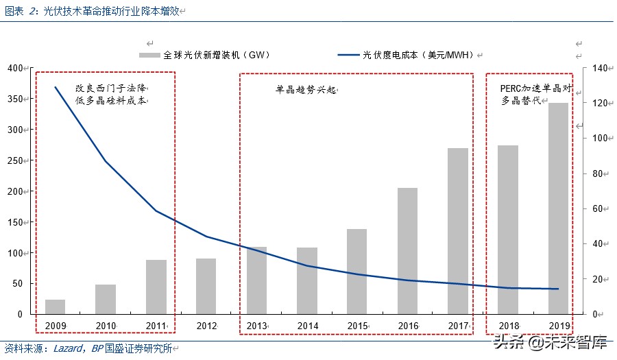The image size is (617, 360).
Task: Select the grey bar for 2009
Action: pos(55,307)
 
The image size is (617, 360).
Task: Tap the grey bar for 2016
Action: pos(407,251)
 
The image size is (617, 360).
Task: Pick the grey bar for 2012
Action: pos(206,286)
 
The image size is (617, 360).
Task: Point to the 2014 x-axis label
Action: pos(307,325)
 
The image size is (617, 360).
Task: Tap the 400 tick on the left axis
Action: pos(15,68)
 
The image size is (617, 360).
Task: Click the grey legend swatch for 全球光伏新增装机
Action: pos(150,55)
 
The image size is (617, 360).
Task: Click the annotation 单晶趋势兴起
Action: pos(306,90)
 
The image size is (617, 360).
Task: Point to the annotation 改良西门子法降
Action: pos(112,88)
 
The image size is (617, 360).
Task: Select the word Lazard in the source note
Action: pos(68,348)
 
